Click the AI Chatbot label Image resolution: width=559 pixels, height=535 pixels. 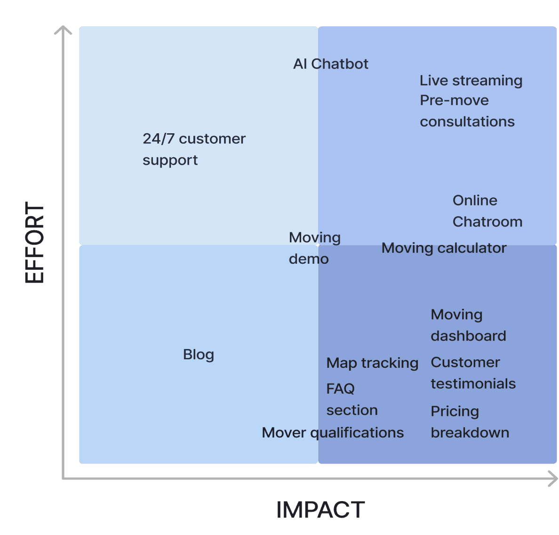[x=330, y=64]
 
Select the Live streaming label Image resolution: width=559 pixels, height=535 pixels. [x=471, y=81]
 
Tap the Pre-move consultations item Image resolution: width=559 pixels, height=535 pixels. [x=467, y=111]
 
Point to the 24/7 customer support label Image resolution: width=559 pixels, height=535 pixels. [x=194, y=149]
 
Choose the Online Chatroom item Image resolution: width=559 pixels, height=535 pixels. [x=487, y=211]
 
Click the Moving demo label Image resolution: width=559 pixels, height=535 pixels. [x=314, y=248]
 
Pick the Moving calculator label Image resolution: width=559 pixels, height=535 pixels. [x=444, y=248]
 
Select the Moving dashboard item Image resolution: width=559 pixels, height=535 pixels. [x=468, y=325]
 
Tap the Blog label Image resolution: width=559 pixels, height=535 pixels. [x=199, y=354]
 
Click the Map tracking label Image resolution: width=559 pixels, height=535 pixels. [x=372, y=363]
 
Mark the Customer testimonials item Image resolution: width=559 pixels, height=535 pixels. [x=473, y=373]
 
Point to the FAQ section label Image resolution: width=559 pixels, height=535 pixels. [x=351, y=399]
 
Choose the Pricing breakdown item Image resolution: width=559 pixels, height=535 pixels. [x=470, y=422]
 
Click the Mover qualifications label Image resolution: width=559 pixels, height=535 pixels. [x=333, y=433]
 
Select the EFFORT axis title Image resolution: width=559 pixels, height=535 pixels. [x=34, y=243]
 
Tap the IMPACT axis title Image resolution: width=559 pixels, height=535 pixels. [x=320, y=510]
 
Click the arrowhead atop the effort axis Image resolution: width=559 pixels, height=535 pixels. [x=63, y=30]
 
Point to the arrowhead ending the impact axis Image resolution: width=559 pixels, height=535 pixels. [x=554, y=479]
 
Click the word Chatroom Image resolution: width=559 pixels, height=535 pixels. [x=487, y=222]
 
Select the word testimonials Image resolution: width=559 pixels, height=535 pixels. [x=473, y=384]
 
